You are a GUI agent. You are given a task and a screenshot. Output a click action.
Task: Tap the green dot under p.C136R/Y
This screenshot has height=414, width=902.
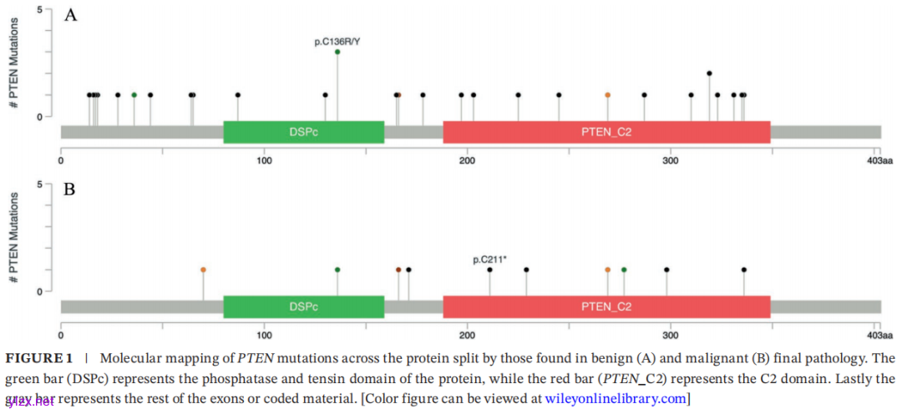click(x=337, y=52)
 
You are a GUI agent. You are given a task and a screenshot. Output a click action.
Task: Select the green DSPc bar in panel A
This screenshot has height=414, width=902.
click(x=303, y=132)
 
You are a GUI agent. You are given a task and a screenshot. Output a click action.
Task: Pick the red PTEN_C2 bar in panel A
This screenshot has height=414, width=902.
click(x=606, y=132)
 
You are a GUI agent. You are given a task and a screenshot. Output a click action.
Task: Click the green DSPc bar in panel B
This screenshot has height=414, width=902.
click(x=303, y=306)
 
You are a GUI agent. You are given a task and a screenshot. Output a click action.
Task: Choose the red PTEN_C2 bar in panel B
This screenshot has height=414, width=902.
click(x=606, y=306)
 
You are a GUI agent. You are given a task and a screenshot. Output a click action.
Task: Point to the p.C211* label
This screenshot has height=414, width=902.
click(x=489, y=260)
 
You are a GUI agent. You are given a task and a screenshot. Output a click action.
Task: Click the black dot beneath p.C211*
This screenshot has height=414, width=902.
click(x=489, y=270)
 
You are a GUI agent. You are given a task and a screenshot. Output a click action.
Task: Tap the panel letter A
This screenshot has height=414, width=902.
click(x=71, y=15)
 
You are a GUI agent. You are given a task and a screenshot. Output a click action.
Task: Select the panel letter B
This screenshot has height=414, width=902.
click(x=70, y=189)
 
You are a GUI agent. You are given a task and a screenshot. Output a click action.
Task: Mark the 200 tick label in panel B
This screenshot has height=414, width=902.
click(x=467, y=335)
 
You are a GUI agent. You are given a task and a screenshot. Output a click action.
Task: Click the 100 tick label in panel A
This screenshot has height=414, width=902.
click(x=264, y=160)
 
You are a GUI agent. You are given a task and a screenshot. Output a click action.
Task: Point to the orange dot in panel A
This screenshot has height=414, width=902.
click(x=608, y=95)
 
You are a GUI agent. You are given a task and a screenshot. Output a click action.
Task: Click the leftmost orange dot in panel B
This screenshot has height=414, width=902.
click(x=203, y=270)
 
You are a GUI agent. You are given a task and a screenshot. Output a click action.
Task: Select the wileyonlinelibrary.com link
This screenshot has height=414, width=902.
click(x=616, y=399)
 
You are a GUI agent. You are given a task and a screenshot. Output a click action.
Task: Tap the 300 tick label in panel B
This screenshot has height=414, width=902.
click(x=671, y=335)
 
